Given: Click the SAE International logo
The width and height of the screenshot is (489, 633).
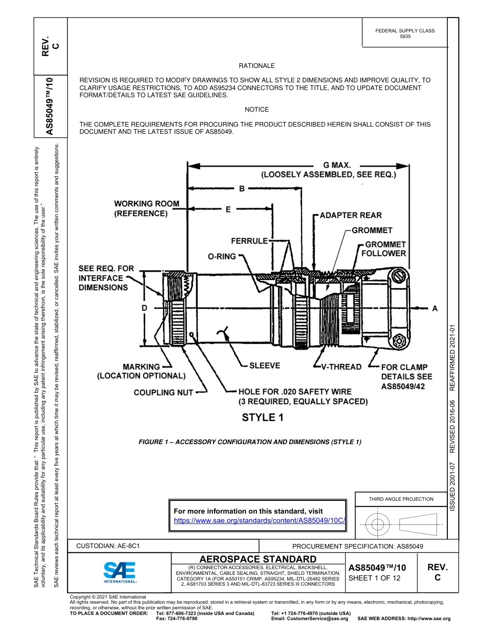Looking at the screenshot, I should click(120, 571).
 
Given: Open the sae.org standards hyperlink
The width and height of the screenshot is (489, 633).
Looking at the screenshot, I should click(259, 520).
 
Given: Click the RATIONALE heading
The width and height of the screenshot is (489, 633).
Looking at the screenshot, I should click(256, 66).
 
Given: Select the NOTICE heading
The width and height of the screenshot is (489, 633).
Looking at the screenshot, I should click(256, 110).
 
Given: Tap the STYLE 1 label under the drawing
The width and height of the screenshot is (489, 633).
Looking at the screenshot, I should click(263, 417).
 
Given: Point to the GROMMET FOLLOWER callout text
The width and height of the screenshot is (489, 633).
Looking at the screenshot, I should click(383, 249).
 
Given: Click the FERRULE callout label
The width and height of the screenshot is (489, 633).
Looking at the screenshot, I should click(249, 241).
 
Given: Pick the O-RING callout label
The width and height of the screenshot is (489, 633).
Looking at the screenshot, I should click(221, 256).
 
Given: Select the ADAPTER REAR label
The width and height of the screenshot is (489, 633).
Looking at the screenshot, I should click(351, 215).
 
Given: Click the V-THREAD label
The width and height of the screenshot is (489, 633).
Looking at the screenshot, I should click(341, 367).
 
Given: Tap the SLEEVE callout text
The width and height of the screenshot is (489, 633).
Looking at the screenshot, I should click(265, 365).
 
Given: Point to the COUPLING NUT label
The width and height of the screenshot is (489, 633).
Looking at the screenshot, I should click(163, 393).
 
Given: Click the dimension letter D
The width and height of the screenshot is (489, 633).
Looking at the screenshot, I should click(145, 308).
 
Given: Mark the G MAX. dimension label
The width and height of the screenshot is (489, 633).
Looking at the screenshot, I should click(337, 165).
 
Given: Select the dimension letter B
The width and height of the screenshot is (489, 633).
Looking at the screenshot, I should click(241, 189).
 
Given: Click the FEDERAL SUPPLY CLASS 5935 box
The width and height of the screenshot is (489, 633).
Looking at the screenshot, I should click(405, 34).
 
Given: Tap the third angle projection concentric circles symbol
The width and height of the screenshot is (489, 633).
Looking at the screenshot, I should click(378, 524).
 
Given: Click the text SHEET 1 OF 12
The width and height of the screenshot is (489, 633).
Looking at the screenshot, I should click(374, 578).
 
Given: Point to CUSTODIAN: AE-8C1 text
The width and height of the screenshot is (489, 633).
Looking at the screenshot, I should click(108, 546).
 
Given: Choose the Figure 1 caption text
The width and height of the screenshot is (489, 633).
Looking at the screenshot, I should click(250, 442).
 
